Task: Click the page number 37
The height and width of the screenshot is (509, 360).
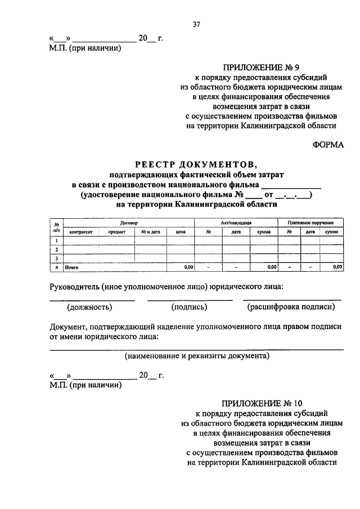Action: (x=196, y=24)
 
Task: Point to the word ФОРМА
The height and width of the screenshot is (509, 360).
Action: (x=328, y=144)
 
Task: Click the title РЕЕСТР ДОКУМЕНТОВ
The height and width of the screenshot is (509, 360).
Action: (x=196, y=164)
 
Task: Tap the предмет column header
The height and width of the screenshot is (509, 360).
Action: (x=116, y=232)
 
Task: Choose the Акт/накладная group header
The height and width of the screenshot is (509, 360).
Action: (x=236, y=223)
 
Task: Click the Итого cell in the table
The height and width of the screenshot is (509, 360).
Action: (x=71, y=268)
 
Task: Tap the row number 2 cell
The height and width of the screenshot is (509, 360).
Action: (x=57, y=249)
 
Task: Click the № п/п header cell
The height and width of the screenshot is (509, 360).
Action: (x=57, y=227)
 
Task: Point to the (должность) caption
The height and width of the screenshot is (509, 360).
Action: (x=89, y=307)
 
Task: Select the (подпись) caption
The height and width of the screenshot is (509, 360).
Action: (x=190, y=307)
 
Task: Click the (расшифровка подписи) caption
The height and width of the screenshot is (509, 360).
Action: (x=291, y=307)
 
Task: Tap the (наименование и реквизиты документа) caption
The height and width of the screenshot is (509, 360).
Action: (x=196, y=356)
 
